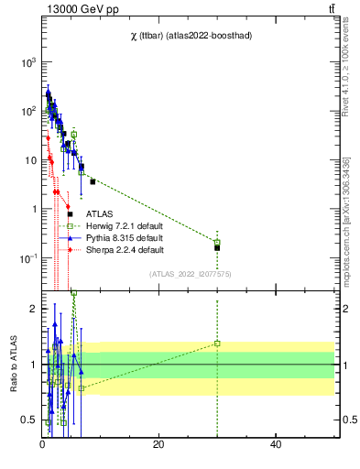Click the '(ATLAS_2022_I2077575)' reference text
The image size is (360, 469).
(x=189, y=274)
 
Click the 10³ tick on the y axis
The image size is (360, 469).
(x=27, y=61)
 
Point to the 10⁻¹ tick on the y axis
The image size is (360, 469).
(x=27, y=258)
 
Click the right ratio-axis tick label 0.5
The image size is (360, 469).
(x=348, y=420)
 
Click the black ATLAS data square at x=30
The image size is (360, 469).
(x=217, y=247)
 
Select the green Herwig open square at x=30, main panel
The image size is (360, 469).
(x=217, y=242)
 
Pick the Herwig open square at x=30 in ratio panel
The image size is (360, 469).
(x=217, y=344)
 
